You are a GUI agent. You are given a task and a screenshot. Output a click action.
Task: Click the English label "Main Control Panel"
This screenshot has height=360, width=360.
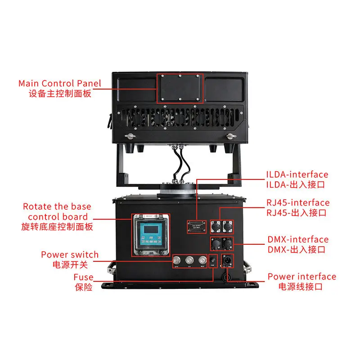click(60, 84)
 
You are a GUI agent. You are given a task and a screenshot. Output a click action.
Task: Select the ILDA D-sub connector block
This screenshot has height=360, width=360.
click(197, 226)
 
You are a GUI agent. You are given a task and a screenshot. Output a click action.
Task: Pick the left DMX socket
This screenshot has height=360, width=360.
click(216, 244)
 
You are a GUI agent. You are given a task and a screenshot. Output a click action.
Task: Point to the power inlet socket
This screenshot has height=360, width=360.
click(226, 262)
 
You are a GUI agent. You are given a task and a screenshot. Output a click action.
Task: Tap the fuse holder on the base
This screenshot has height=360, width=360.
click(213, 261)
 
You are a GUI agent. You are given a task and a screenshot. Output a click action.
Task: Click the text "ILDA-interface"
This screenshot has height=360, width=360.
click(297, 174)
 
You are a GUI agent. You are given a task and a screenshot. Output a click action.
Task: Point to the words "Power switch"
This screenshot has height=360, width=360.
click(70, 255)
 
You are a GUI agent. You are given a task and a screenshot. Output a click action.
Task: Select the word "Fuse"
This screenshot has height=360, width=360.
click(84, 277)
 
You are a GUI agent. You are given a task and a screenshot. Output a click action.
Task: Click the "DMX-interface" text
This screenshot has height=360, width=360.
click(298, 240)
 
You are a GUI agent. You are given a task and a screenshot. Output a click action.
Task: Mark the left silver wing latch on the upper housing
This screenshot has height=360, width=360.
click(130, 136)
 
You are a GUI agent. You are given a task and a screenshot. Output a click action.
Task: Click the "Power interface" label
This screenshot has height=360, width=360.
click(301, 276)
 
